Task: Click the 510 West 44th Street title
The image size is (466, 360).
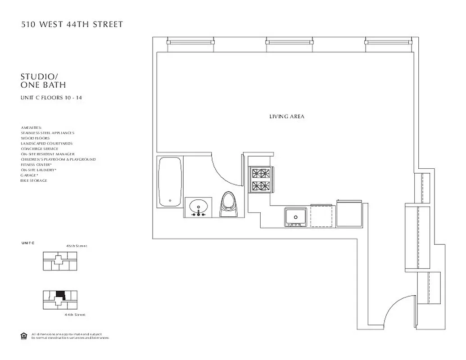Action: [72, 25]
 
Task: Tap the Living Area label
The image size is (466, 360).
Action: [287, 117]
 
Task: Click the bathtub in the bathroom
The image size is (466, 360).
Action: [171, 182]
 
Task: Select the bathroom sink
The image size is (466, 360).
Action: [198, 208]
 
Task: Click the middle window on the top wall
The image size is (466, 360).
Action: [288, 41]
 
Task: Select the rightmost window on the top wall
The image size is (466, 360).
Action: [388, 41]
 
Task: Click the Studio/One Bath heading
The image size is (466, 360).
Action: [44, 81]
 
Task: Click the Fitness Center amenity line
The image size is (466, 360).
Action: [36, 165]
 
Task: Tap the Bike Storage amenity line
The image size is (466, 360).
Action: [34, 180]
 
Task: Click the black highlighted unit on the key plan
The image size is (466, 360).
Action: [60, 296]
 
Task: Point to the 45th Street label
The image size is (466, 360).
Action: [77, 246]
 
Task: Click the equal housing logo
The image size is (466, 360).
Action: [24, 335]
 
